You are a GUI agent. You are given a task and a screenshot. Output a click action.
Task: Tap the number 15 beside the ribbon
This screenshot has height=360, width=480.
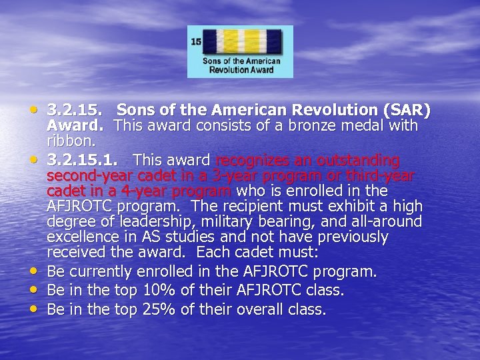196,41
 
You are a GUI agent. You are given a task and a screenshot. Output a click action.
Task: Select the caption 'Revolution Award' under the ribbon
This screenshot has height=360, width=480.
240,69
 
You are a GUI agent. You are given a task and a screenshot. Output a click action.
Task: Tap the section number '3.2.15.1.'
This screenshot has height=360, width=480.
85,161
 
